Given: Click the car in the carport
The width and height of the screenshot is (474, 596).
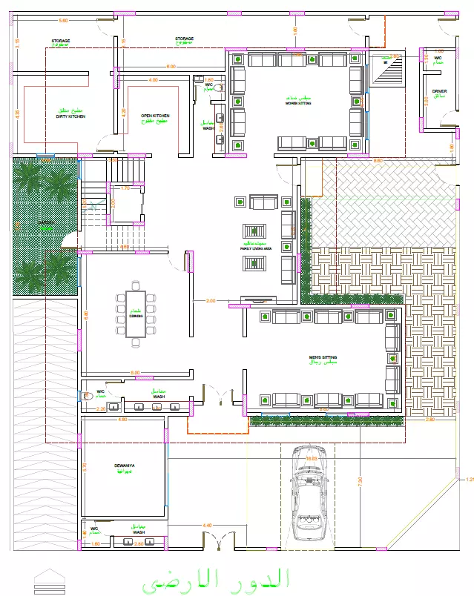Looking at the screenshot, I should pos(310,493).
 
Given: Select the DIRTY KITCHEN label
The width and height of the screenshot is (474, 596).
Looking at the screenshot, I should pos(70,116).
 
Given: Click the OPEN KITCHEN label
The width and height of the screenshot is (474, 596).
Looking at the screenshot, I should pos(155,116).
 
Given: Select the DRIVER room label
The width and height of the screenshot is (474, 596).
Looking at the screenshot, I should pos(440,92).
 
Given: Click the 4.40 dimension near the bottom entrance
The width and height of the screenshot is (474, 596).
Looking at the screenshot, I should pos(207,526).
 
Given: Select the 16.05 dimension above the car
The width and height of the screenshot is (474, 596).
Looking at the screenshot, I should pos(311,459).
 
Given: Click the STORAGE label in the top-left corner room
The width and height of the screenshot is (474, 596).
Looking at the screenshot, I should pos(61,41).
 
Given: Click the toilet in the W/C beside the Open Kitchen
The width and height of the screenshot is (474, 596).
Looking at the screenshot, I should pos(220,87).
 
